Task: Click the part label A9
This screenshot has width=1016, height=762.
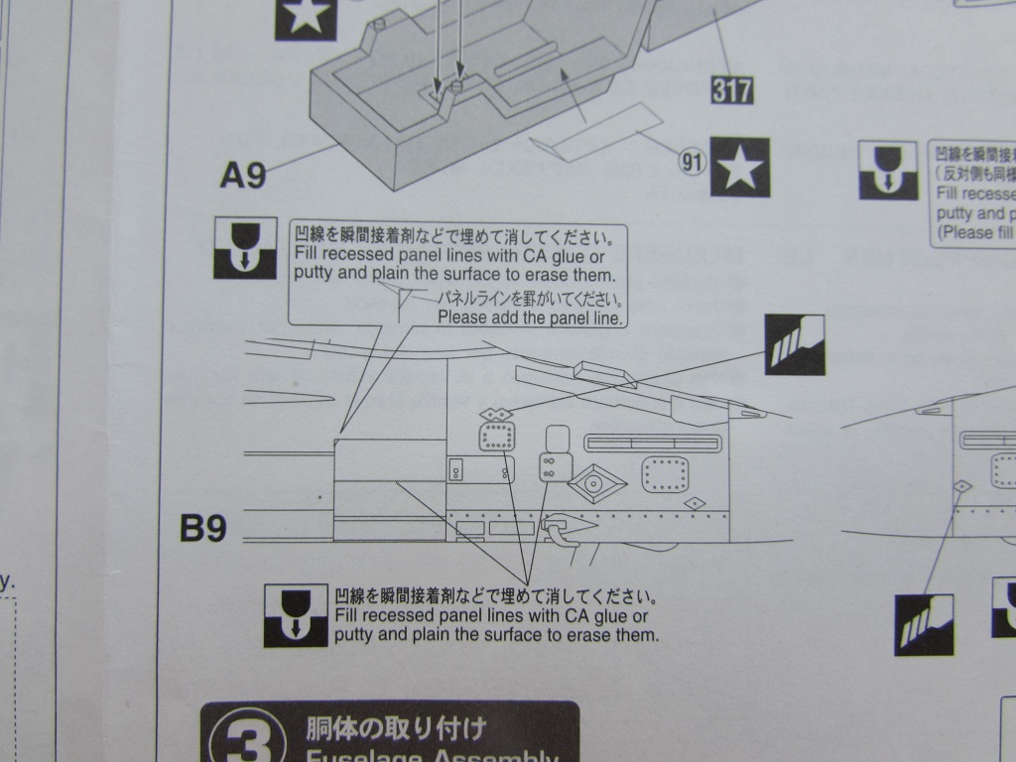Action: (x=243, y=176)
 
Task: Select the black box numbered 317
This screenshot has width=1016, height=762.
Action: (x=732, y=90)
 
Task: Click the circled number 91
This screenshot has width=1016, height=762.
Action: (x=691, y=161)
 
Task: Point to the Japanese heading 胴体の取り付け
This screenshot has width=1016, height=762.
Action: (x=396, y=730)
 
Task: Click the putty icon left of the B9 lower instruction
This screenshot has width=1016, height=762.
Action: (x=296, y=615)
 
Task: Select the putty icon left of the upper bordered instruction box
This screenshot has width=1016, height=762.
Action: (x=244, y=248)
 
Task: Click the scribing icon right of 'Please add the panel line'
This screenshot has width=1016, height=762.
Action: (x=794, y=345)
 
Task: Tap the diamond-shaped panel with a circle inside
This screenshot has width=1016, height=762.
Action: (x=593, y=483)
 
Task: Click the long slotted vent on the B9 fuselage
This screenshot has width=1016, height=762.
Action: (x=651, y=442)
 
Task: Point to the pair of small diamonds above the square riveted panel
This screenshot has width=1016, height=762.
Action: (x=495, y=413)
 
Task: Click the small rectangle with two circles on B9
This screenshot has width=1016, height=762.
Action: (x=456, y=469)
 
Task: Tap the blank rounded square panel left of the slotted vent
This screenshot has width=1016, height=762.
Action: (x=557, y=438)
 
